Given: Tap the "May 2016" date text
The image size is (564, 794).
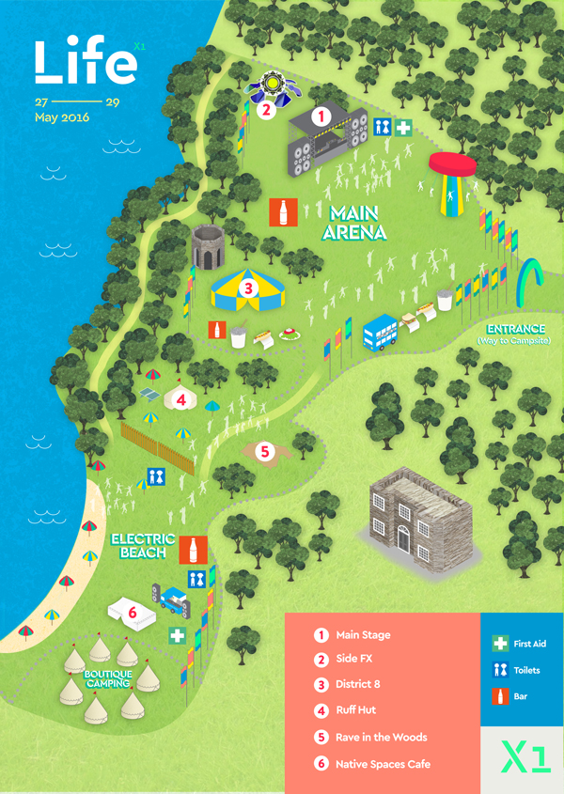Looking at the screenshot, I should click(61, 118).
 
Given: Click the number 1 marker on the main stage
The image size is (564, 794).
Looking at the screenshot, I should click(321, 117).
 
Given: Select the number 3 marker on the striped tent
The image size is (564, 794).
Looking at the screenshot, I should click(248, 288).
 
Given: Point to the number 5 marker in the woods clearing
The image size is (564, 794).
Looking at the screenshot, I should click(265, 452).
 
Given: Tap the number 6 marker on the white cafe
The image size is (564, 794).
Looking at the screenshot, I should click(132, 612).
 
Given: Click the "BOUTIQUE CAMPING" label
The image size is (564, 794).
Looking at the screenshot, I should click(106, 679).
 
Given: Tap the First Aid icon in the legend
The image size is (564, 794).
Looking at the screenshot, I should click(499, 644).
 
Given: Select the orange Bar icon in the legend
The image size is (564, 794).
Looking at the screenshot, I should click(499, 696).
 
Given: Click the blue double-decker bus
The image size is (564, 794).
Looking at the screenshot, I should click(381, 331).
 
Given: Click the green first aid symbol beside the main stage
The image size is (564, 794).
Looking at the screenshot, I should click(403, 128).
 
